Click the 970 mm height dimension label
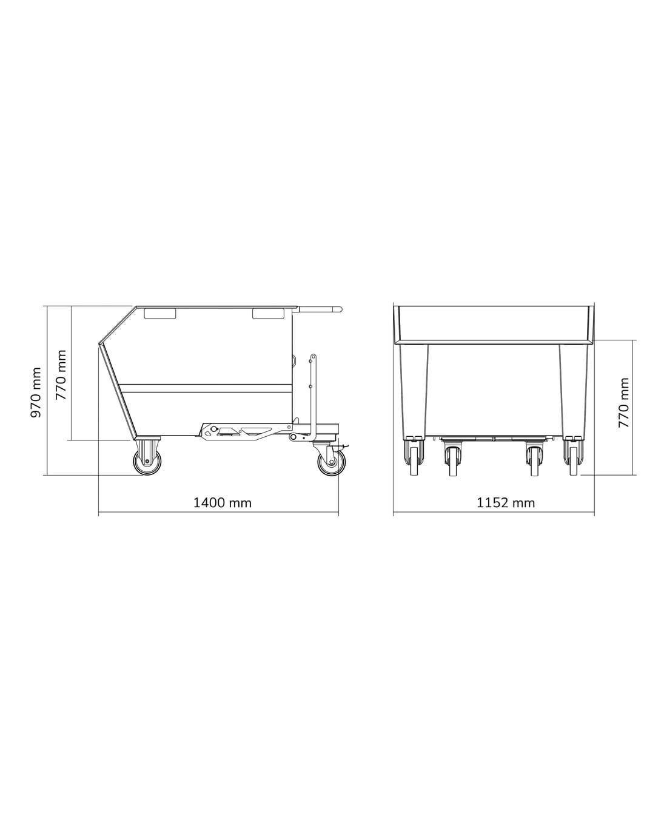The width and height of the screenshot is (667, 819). (x=36, y=393)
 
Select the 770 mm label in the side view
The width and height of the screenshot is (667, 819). (x=61, y=375)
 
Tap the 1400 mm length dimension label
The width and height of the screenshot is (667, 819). (x=222, y=503)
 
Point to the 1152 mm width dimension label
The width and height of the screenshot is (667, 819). (x=506, y=503)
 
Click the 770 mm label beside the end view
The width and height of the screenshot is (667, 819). (x=624, y=403)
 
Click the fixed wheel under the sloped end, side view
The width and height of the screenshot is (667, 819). (x=147, y=462)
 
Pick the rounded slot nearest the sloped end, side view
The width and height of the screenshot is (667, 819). (x=160, y=314)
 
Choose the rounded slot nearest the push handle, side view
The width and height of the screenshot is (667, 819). (x=268, y=314)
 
